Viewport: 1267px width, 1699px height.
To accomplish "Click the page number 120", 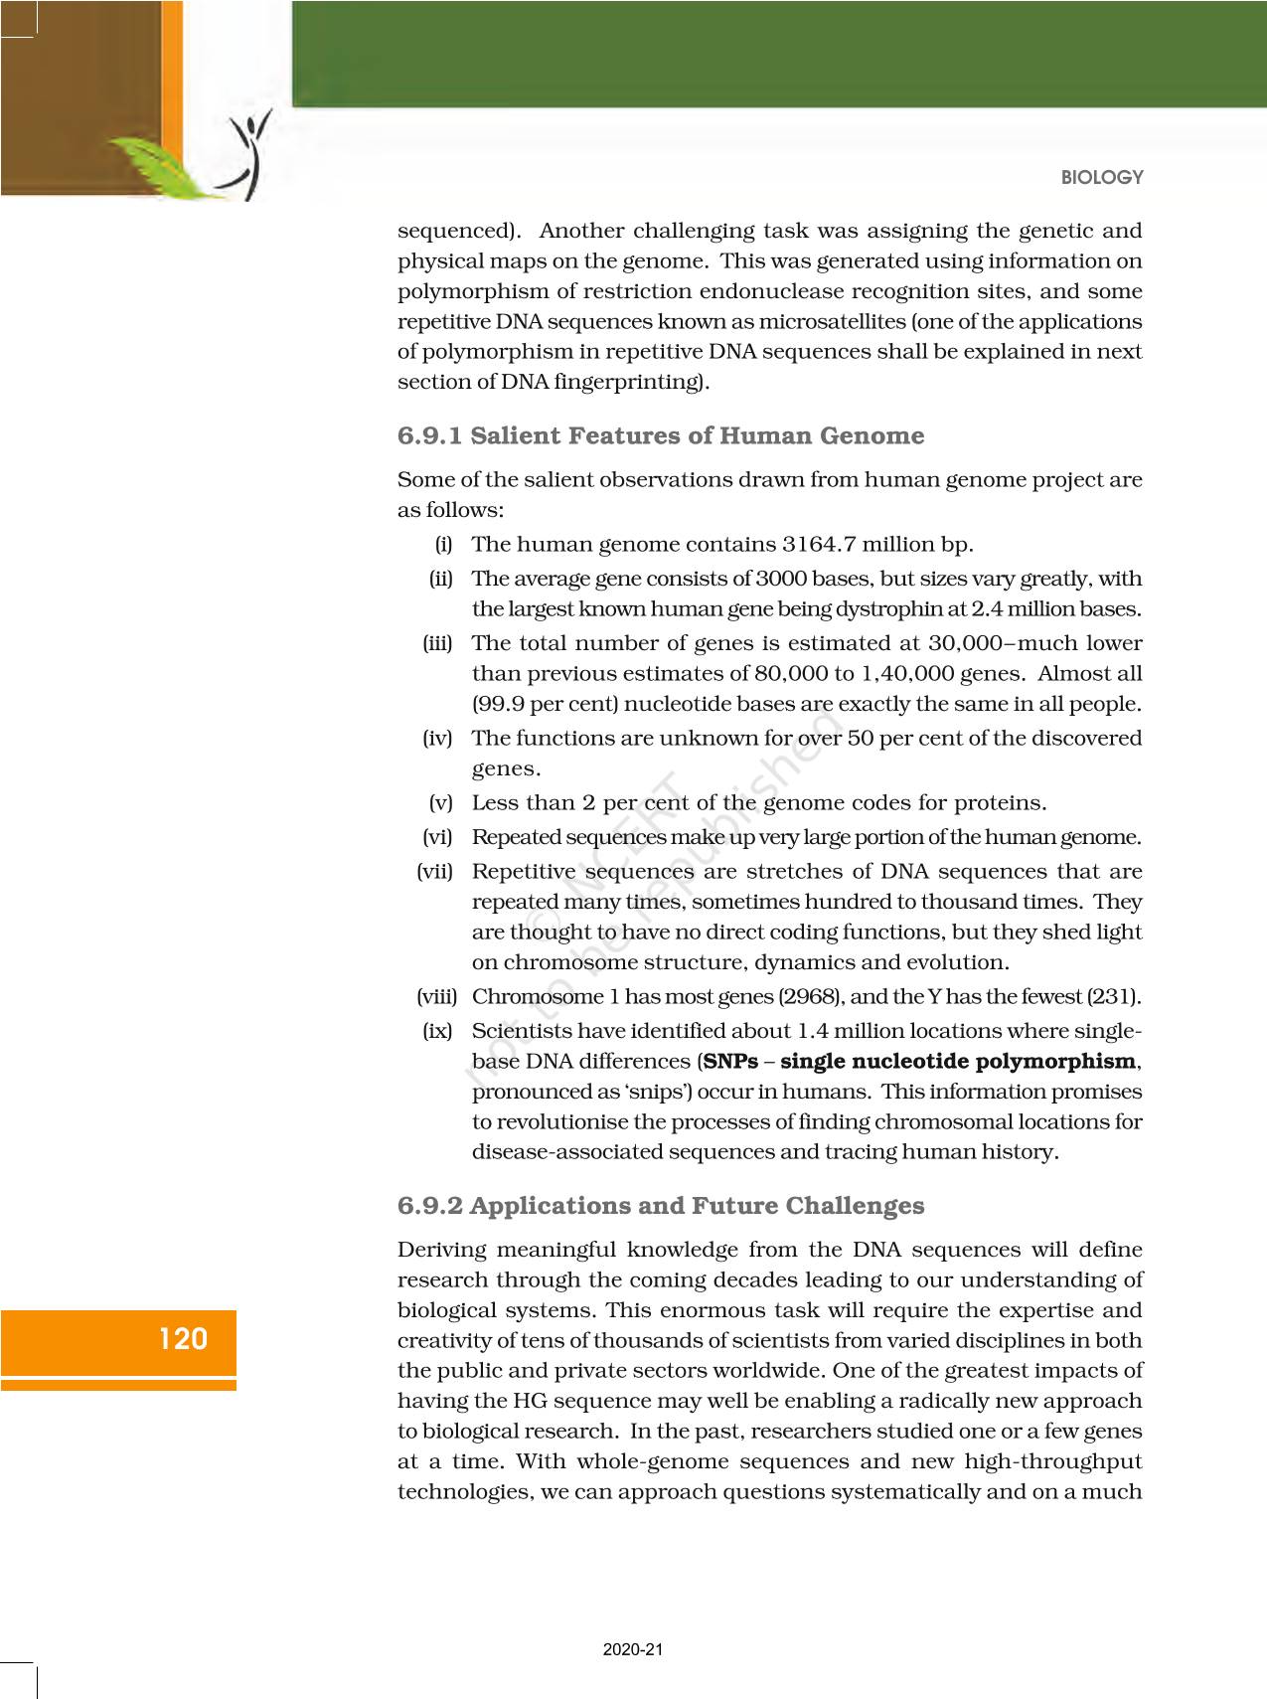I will [184, 1339].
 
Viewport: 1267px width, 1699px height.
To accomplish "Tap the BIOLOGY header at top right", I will [1102, 178].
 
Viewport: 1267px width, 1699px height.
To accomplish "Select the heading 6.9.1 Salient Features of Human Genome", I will [661, 436].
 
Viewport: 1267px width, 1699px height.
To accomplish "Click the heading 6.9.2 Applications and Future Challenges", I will [661, 1206].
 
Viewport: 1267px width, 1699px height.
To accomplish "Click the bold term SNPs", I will [730, 1062].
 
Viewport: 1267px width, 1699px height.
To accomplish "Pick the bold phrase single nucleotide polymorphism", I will [958, 1062].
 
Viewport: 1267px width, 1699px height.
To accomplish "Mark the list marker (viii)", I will [434, 996].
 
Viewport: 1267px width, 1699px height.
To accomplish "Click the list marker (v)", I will [440, 802].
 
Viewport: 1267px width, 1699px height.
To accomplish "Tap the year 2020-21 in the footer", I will [633, 1650].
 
